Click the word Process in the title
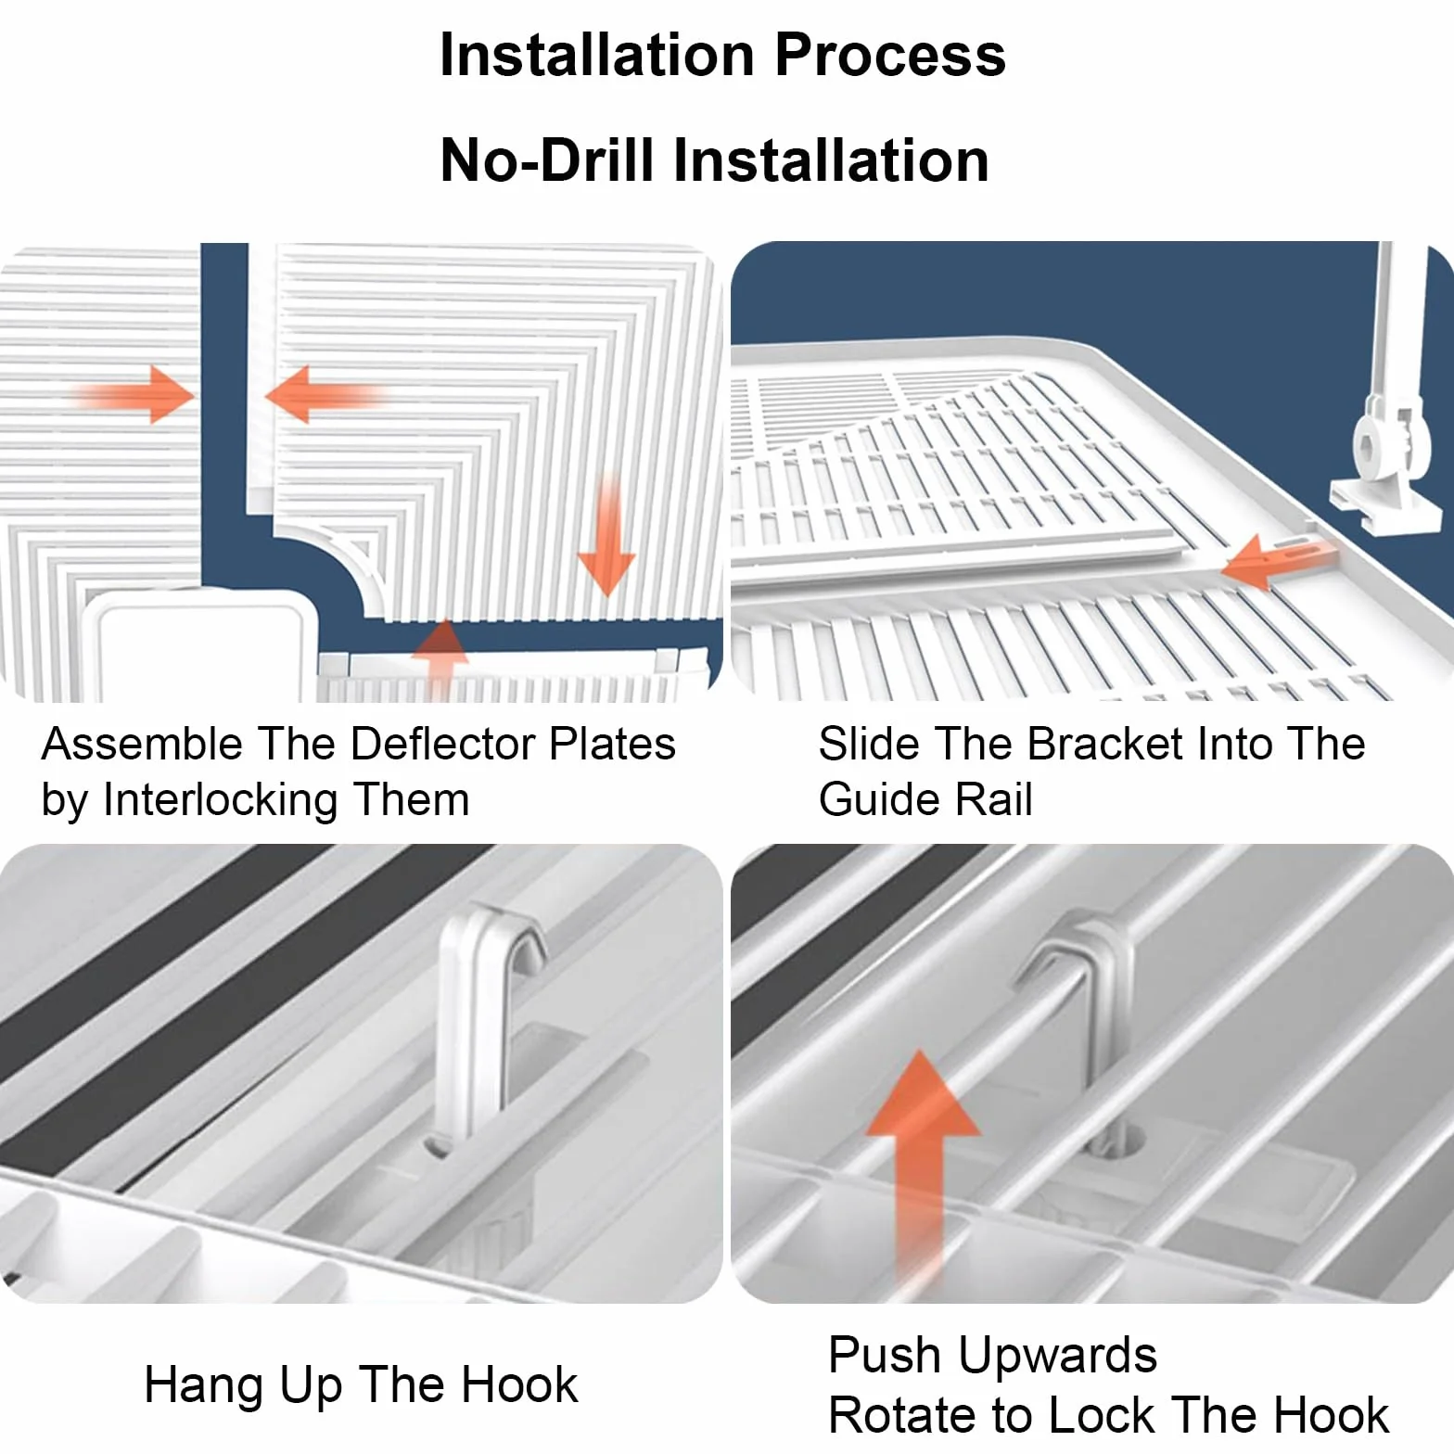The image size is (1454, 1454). click(x=889, y=55)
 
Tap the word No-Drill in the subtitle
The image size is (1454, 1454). click(x=547, y=159)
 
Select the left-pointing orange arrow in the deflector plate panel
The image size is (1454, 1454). click(x=324, y=394)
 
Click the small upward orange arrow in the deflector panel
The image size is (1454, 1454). click(x=442, y=653)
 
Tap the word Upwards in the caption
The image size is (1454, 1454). click(x=1058, y=1356)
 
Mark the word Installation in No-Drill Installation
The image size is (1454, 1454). click(x=831, y=159)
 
